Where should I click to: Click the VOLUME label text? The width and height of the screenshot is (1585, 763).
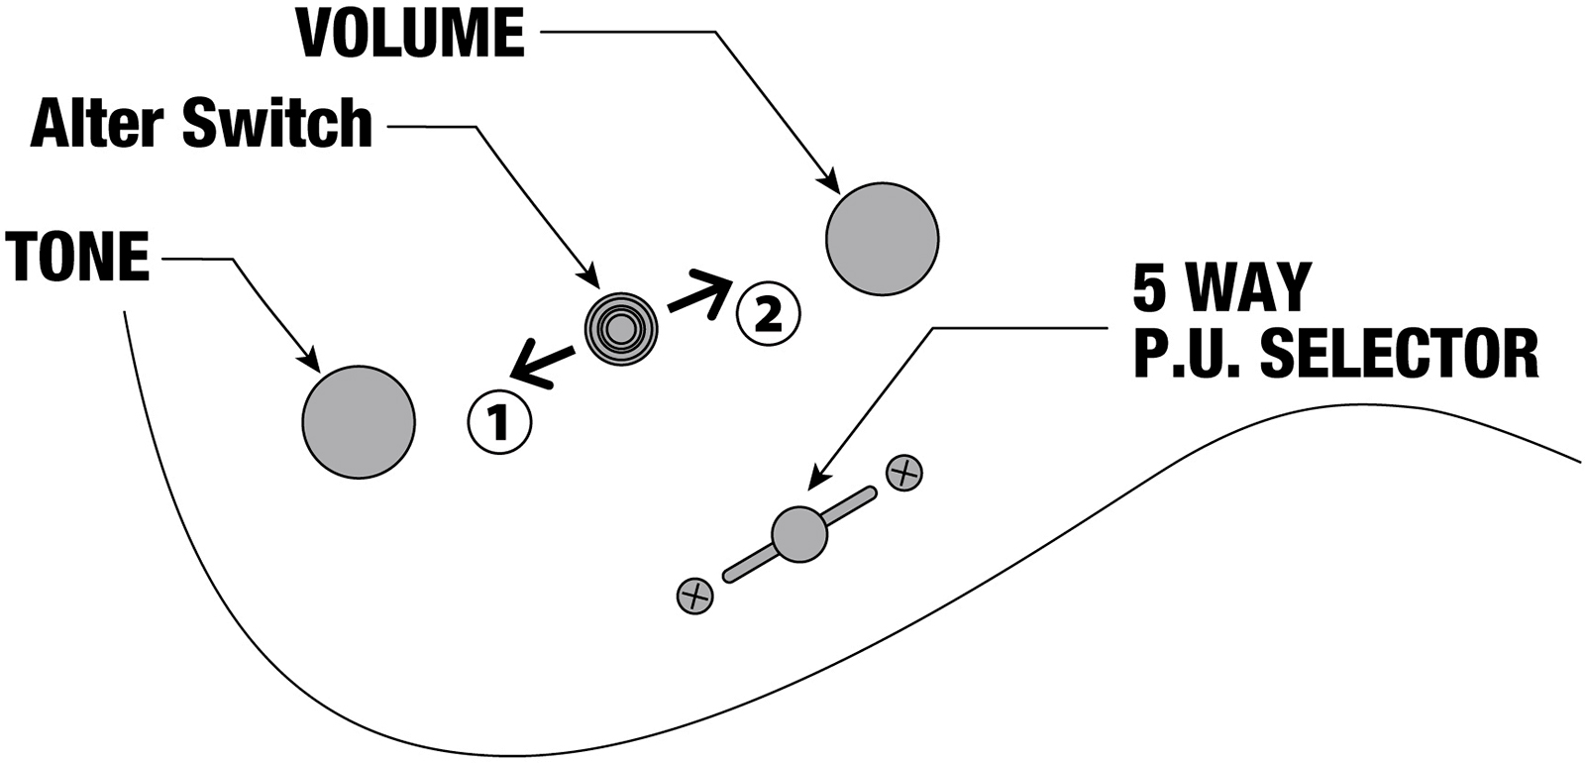coord(410,33)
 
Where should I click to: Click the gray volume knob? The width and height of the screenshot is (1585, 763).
coord(882,238)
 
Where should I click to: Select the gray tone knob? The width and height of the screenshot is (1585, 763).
coord(358,420)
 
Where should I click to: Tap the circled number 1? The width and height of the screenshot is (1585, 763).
coord(499,423)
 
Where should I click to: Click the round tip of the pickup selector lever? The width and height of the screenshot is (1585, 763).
coord(798,535)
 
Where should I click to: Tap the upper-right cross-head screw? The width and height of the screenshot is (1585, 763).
coord(903,473)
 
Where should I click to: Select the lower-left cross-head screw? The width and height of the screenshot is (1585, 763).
coord(695,596)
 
